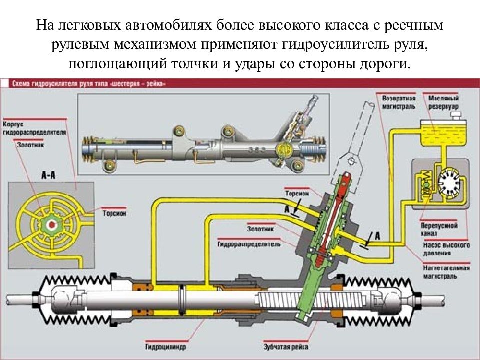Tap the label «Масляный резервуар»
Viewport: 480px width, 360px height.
click(442, 103)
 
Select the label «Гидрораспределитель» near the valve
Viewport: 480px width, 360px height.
click(249, 245)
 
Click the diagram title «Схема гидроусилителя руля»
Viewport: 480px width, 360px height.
click(89, 84)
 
